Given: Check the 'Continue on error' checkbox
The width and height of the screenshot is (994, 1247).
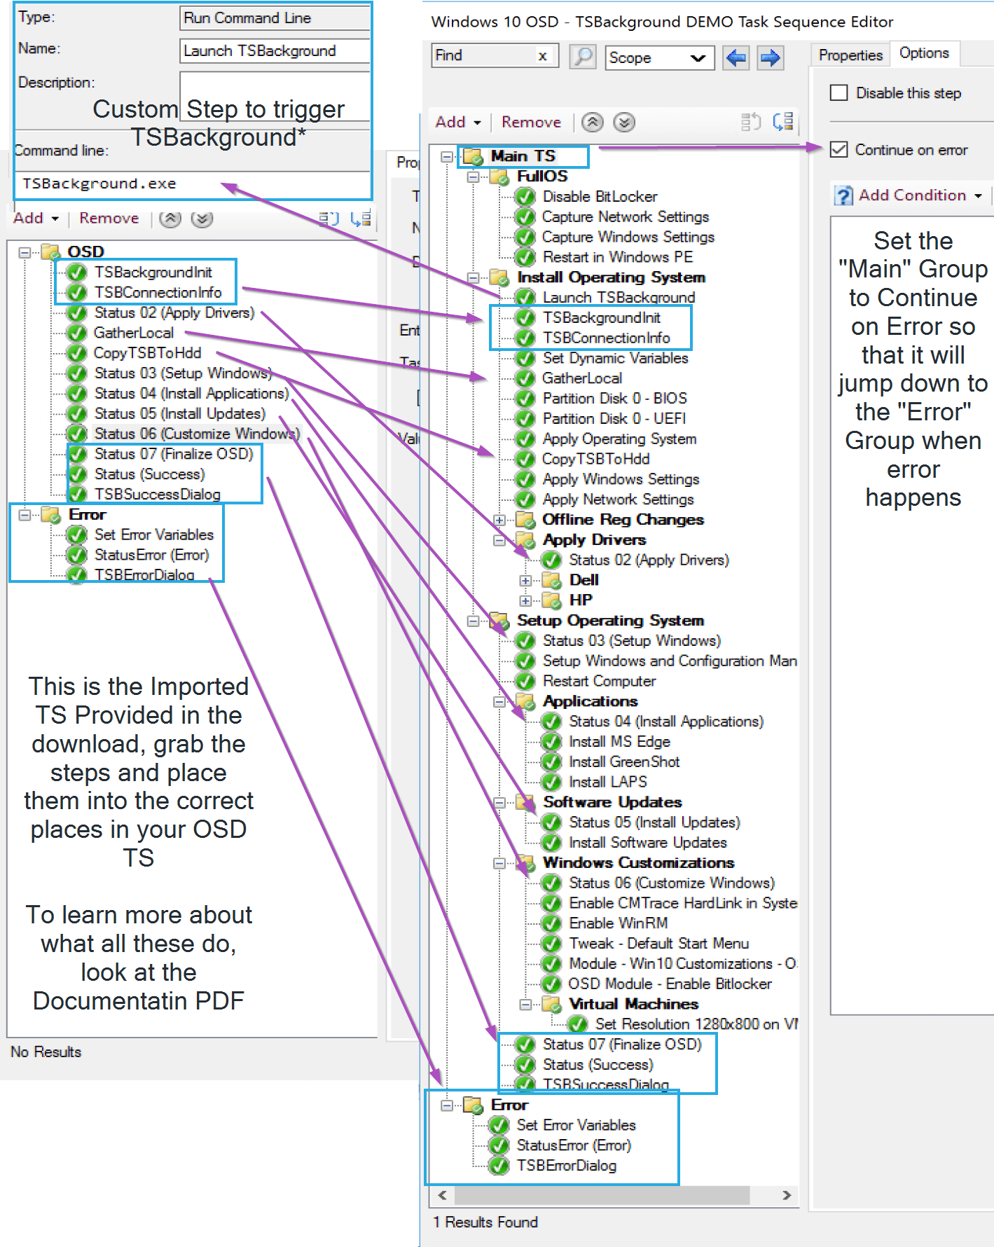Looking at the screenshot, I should tap(839, 149).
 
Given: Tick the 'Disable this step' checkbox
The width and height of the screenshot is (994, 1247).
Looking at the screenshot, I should tap(839, 93).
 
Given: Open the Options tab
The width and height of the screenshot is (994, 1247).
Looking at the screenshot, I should tap(924, 53).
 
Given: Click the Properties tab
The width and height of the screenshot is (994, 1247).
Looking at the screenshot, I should tap(850, 55).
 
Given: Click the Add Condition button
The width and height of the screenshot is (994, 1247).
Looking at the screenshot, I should tap(911, 195).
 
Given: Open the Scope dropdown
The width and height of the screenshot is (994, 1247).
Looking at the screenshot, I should tap(659, 57).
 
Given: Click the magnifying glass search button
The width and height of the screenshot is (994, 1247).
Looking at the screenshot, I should tap(582, 56).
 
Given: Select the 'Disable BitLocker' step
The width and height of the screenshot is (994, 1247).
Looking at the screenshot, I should tap(600, 196).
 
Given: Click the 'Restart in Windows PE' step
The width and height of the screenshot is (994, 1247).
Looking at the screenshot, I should tap(617, 257).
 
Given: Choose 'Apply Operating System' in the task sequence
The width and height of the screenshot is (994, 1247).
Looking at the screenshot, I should tap(619, 439).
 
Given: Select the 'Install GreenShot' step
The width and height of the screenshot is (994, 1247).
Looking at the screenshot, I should tap(624, 762).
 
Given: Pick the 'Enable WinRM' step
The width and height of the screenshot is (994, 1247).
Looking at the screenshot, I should tap(618, 923).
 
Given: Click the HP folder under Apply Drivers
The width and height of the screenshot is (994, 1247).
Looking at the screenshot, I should tap(581, 600).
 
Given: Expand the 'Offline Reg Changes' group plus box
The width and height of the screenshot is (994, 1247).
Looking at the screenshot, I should tap(499, 520).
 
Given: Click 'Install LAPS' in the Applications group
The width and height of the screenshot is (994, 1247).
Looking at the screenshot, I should tap(607, 781).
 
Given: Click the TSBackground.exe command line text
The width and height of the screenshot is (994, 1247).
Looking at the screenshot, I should tap(99, 184).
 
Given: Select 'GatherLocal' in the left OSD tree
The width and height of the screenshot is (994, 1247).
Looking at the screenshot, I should tap(133, 333).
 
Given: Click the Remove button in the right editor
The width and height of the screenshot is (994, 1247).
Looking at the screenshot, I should tap(531, 122).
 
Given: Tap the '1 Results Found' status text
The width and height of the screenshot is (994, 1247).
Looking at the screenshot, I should tap(485, 1222).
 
